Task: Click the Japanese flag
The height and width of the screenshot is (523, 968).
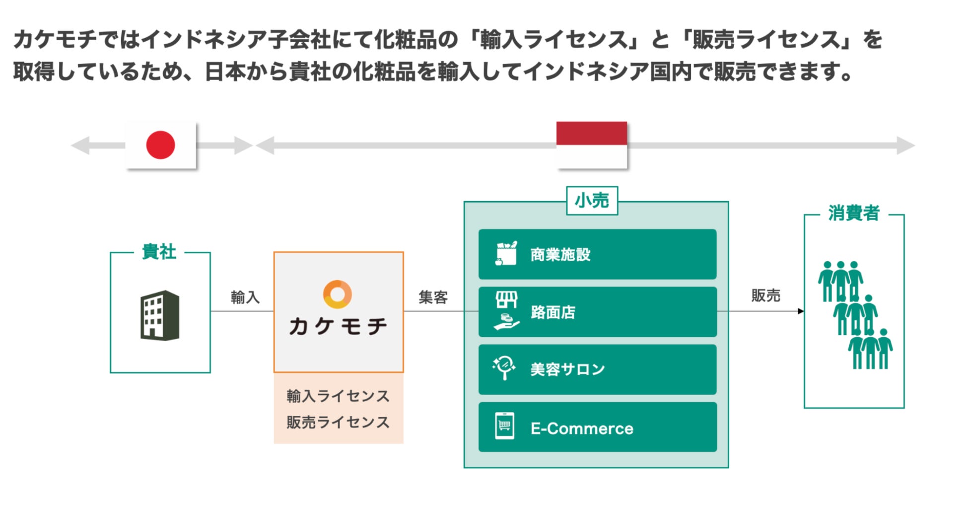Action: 160,145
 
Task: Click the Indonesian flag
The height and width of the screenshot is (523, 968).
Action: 591,145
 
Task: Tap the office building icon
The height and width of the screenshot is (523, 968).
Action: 160,315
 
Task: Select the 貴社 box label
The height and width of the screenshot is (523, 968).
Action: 159,252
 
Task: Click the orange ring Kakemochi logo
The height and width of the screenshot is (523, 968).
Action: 338,294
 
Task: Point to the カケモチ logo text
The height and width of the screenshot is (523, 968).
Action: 338,326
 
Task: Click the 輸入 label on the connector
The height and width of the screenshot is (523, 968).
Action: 245,298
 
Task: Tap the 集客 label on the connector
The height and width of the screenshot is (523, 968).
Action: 433,298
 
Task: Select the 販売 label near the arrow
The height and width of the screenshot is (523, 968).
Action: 765,296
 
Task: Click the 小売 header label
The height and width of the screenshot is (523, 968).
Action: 592,201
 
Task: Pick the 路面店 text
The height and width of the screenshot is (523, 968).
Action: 553,312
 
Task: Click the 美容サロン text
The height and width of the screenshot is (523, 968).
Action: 567,370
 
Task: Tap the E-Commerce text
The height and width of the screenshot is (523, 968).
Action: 582,429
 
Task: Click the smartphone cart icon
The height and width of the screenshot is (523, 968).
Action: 504,426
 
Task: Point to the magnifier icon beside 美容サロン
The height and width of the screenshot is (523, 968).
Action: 504,368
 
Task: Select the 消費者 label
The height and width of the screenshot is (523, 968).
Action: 853,214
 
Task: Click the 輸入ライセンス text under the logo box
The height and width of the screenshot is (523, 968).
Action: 338,396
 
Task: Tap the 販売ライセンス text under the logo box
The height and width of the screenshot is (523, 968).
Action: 338,422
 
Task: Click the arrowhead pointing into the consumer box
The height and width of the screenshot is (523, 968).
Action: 800,311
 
